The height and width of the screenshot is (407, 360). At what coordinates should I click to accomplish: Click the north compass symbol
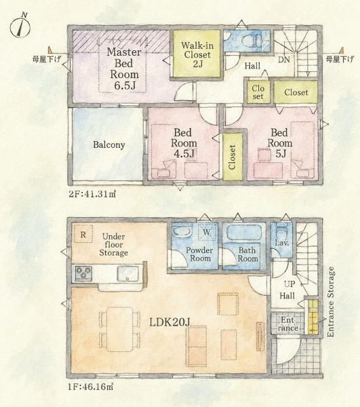click(20, 26)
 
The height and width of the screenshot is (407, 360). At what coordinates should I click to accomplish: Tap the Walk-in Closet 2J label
click(197, 54)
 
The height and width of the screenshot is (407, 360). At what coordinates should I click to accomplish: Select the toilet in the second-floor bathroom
click(252, 40)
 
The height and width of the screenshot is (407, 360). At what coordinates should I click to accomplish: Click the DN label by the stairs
click(284, 60)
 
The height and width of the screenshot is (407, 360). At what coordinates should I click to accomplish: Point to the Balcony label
click(109, 144)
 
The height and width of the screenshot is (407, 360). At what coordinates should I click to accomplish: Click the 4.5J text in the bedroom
click(184, 154)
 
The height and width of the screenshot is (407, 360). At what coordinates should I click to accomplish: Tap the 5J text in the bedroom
click(281, 154)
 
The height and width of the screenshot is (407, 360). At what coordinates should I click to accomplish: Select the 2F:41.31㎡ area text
click(92, 194)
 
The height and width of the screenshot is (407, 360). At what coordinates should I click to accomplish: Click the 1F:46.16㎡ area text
click(91, 387)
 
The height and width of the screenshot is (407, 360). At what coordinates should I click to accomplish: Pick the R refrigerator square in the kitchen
click(83, 234)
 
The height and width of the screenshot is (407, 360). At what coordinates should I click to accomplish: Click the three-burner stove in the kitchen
click(83, 273)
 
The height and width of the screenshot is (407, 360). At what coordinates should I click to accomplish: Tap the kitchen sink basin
click(127, 273)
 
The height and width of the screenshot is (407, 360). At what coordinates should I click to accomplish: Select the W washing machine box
click(207, 231)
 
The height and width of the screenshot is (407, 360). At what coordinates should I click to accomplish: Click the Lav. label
click(281, 244)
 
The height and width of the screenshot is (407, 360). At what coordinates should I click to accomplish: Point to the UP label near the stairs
click(289, 284)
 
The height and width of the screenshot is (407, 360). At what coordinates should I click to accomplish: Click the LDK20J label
click(169, 322)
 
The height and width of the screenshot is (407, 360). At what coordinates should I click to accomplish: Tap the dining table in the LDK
click(119, 329)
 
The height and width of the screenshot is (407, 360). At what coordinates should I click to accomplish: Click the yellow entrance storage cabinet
click(313, 317)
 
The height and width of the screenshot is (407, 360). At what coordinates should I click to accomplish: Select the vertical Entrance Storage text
click(330, 302)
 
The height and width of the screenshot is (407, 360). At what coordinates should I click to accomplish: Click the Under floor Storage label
click(114, 244)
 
